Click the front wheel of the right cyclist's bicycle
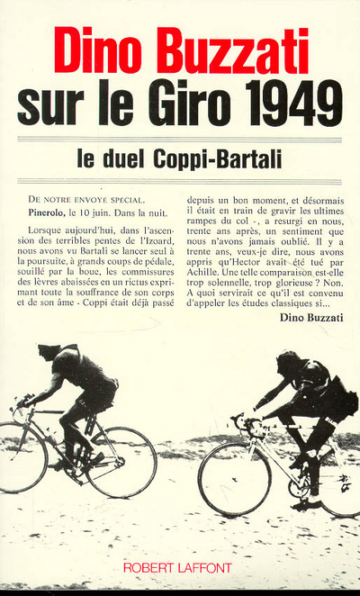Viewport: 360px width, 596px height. [234, 478]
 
